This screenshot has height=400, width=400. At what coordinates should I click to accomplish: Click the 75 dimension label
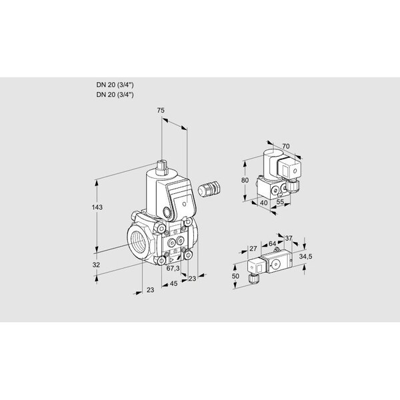pos(161,111)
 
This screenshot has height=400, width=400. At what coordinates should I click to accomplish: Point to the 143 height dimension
pos(97,207)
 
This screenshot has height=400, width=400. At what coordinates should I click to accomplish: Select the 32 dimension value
pos(96,265)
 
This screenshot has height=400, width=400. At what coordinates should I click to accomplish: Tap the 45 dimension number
pos(173,283)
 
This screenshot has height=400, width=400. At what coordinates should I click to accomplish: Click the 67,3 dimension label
pos(173,268)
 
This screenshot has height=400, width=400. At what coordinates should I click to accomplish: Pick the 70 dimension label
pos(286,146)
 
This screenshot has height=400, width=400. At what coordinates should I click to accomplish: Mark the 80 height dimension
pos(245,180)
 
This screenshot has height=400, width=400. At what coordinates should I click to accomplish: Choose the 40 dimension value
pos(264,203)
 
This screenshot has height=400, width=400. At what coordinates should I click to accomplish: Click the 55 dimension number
pos(280,202)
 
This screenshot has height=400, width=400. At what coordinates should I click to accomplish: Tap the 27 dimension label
pos(253,248)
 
